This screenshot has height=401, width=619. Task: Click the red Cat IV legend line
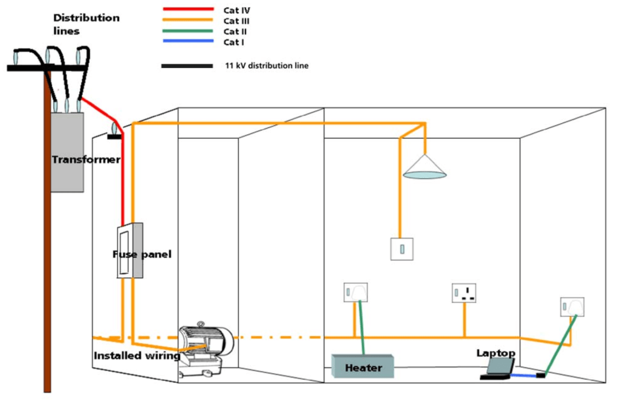tap(187, 10)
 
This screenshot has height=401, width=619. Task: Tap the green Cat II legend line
tap(187, 31)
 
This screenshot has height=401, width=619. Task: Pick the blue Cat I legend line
tap(187, 41)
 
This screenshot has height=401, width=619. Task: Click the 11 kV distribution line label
tap(266, 65)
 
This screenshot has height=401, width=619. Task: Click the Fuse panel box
tap(129, 251)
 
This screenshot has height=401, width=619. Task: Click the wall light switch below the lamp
tap(402, 248)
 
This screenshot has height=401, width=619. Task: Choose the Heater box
tap(363, 367)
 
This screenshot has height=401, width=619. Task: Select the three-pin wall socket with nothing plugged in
tap(464, 293)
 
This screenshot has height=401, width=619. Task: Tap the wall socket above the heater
tap(355, 293)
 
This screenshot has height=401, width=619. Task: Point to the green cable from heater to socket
tap(361, 326)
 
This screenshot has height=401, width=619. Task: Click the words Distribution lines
tap(86, 24)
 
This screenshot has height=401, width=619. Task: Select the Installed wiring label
tap(137, 356)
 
